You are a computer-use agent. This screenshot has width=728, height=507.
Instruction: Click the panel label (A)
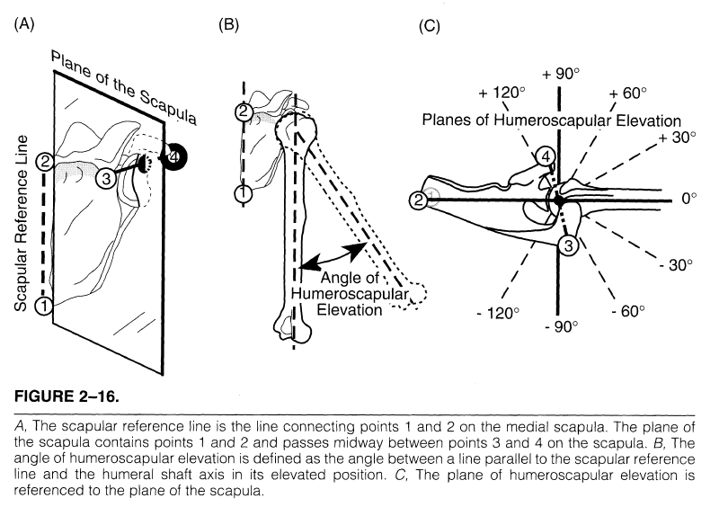point(23,24)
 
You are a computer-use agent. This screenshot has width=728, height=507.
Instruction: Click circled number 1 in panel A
point(43,307)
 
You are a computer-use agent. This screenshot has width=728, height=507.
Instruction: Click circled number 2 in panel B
point(243,112)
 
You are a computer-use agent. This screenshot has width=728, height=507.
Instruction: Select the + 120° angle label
point(500,93)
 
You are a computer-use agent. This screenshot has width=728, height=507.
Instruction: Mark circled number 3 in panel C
point(568,245)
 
